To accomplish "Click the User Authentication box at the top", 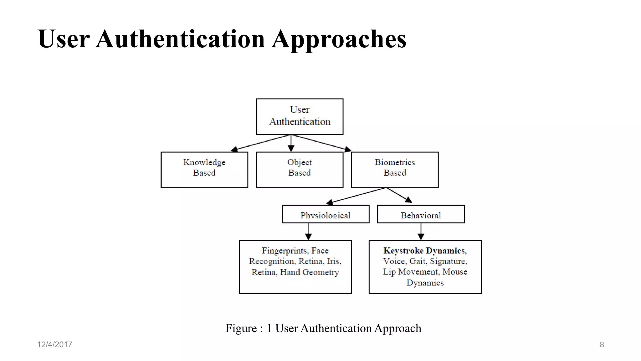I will pos(300,117).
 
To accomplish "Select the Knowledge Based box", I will pos(204,170).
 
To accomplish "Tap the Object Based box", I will pos(300,170).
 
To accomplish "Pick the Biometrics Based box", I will pos(395,170).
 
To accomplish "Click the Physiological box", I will pos(326,214).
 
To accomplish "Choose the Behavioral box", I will pos(421,214).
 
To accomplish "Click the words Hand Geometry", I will pos(309,272).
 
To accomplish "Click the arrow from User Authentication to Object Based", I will pos(291,144).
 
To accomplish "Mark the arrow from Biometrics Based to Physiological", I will pos(355,196).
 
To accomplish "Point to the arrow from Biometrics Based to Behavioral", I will pos(399,195).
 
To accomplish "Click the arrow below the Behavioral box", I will pos(421,232).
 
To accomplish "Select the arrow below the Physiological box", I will pos(308,232).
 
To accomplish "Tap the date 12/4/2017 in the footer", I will pos(54,344).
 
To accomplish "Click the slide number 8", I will pos(602,345).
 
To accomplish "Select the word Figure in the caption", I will pos(241,328).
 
